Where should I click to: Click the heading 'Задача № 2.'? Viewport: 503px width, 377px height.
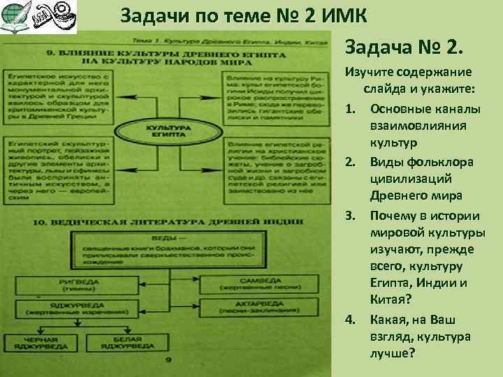[403, 48]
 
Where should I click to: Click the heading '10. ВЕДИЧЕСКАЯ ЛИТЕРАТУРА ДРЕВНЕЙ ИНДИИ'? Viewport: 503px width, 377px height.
[168, 223]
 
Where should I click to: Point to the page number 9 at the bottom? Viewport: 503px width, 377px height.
[168, 360]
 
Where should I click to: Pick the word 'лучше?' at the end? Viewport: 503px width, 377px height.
[393, 354]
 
